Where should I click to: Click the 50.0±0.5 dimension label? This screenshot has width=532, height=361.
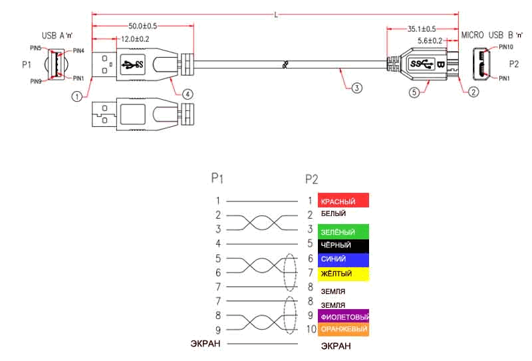coord(142,26)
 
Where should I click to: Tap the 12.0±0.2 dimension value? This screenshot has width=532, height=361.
coord(135,39)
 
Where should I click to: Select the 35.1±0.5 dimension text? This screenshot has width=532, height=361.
coord(422,29)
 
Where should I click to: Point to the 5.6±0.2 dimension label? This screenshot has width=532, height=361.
coord(430,41)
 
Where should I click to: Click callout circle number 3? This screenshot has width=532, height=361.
coord(356,88)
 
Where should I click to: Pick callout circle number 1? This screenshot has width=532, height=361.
coord(77,96)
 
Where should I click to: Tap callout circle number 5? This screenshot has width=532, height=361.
coord(414,92)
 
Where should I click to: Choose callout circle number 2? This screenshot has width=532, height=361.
coord(473,92)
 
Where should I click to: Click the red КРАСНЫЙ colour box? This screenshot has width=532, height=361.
coord(343,200)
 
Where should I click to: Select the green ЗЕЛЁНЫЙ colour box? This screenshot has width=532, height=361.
coord(343,232)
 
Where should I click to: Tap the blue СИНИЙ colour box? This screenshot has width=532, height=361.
coord(343,260)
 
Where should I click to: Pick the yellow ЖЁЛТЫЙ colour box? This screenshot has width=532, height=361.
coord(343,274)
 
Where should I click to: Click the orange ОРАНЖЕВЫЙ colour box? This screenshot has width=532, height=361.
coord(343,330)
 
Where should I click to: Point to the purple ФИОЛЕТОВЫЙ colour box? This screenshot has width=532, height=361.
coord(343,316)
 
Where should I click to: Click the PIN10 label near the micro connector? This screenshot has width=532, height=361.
coord(505,47)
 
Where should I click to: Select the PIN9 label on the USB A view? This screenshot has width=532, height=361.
coord(36,81)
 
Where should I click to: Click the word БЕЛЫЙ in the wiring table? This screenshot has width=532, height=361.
coord(333,213)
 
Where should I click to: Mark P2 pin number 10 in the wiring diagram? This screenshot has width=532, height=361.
coord(311,329)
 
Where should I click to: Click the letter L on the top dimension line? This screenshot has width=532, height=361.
coord(276,15)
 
